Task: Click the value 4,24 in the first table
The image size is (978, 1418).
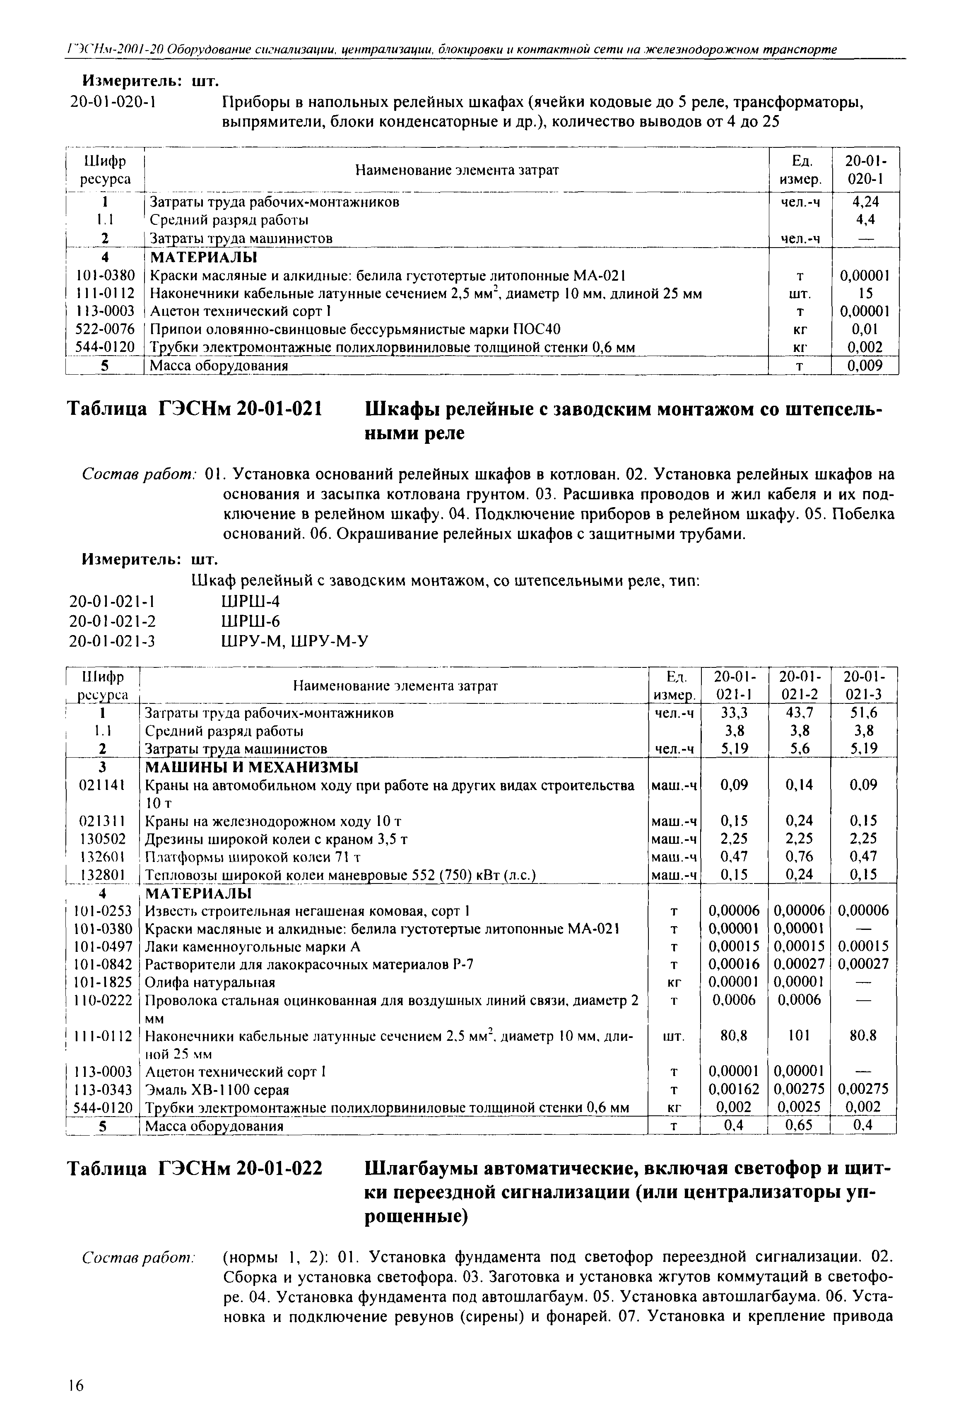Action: [865, 202]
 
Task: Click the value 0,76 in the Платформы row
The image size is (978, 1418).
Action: [799, 856]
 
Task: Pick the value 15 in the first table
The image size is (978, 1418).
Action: [865, 294]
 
